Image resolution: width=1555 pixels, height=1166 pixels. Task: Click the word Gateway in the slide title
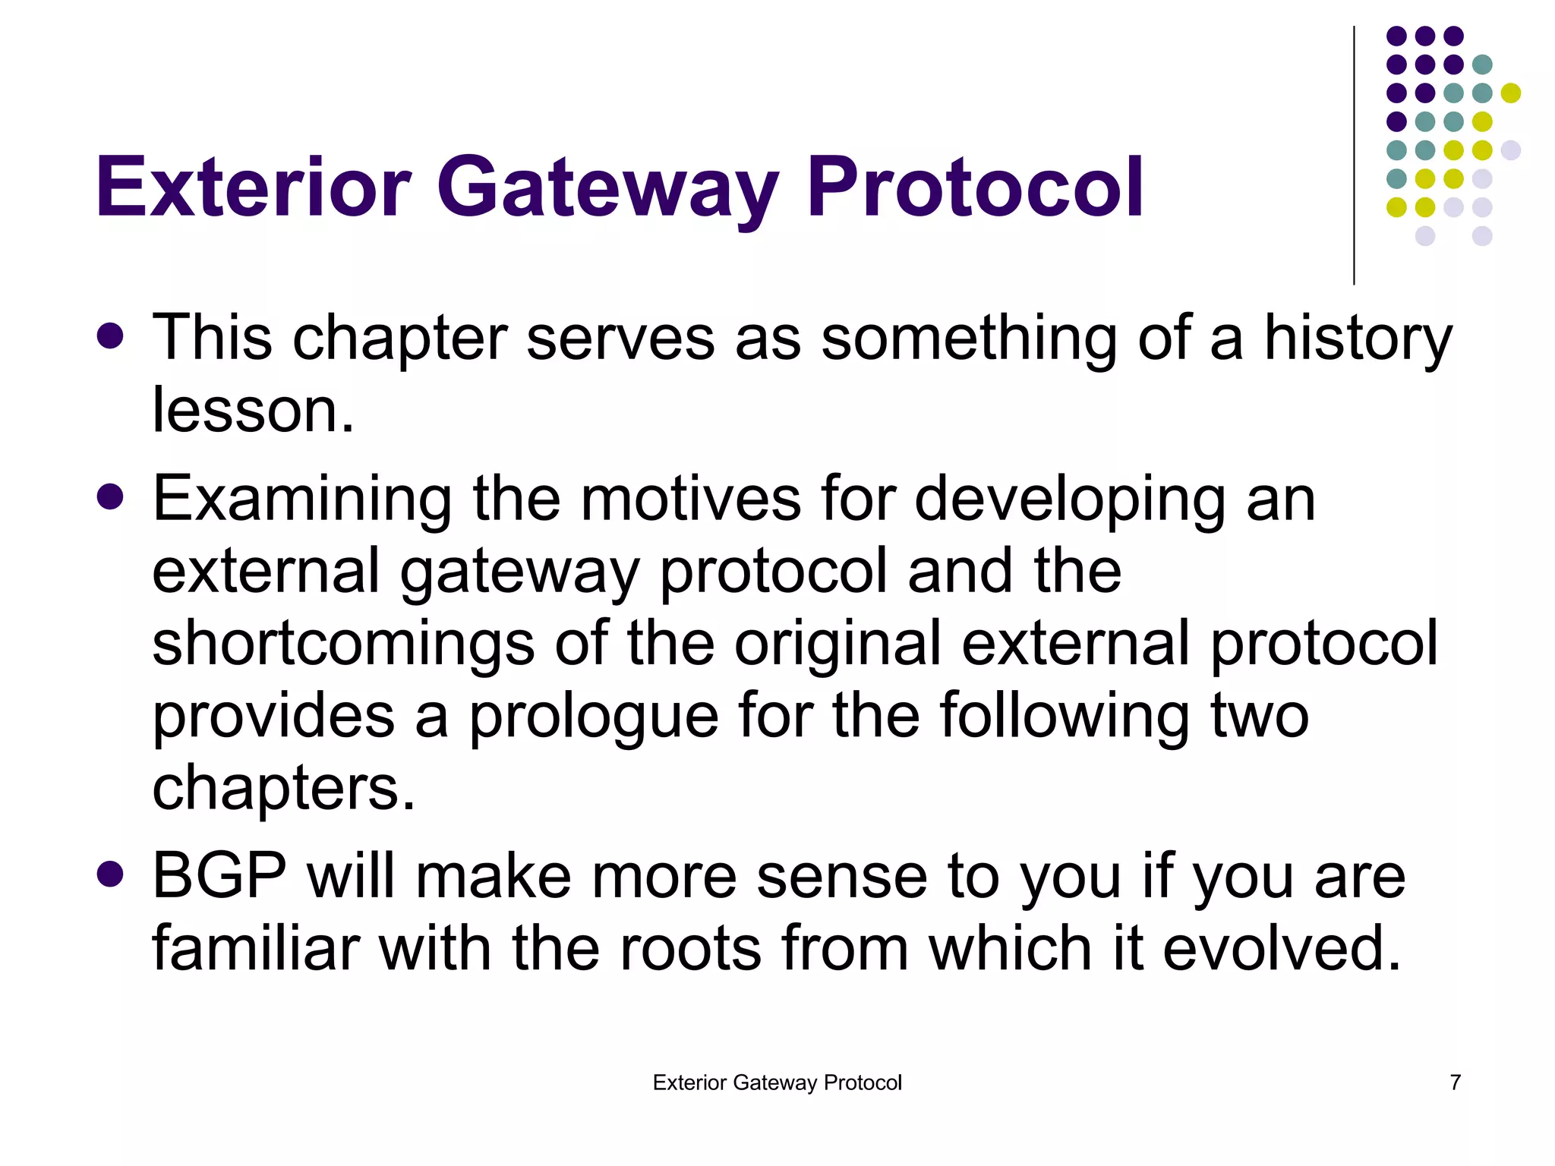pos(607,187)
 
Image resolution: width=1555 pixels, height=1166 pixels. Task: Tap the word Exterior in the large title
pos(253,187)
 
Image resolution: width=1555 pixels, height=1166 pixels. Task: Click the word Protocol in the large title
pos(974,187)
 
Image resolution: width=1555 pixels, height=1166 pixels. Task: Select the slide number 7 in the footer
pos(1455,1082)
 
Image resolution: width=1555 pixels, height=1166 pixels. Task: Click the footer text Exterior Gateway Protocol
pos(777,1082)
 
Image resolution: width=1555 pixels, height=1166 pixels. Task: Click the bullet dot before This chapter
pos(111,336)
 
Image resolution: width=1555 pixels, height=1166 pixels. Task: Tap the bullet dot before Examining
pos(111,497)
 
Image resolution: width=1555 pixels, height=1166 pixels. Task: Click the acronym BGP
pos(219,876)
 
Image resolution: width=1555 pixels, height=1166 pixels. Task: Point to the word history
pos(1357,339)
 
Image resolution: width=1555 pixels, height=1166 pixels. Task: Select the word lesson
pos(253,411)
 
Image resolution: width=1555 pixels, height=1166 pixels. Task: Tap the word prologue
pos(593,717)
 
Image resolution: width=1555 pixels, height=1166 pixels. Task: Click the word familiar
pos(255,948)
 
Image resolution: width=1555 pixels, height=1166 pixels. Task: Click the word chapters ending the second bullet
pos(283,789)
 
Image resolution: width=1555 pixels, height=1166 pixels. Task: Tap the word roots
pos(690,950)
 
